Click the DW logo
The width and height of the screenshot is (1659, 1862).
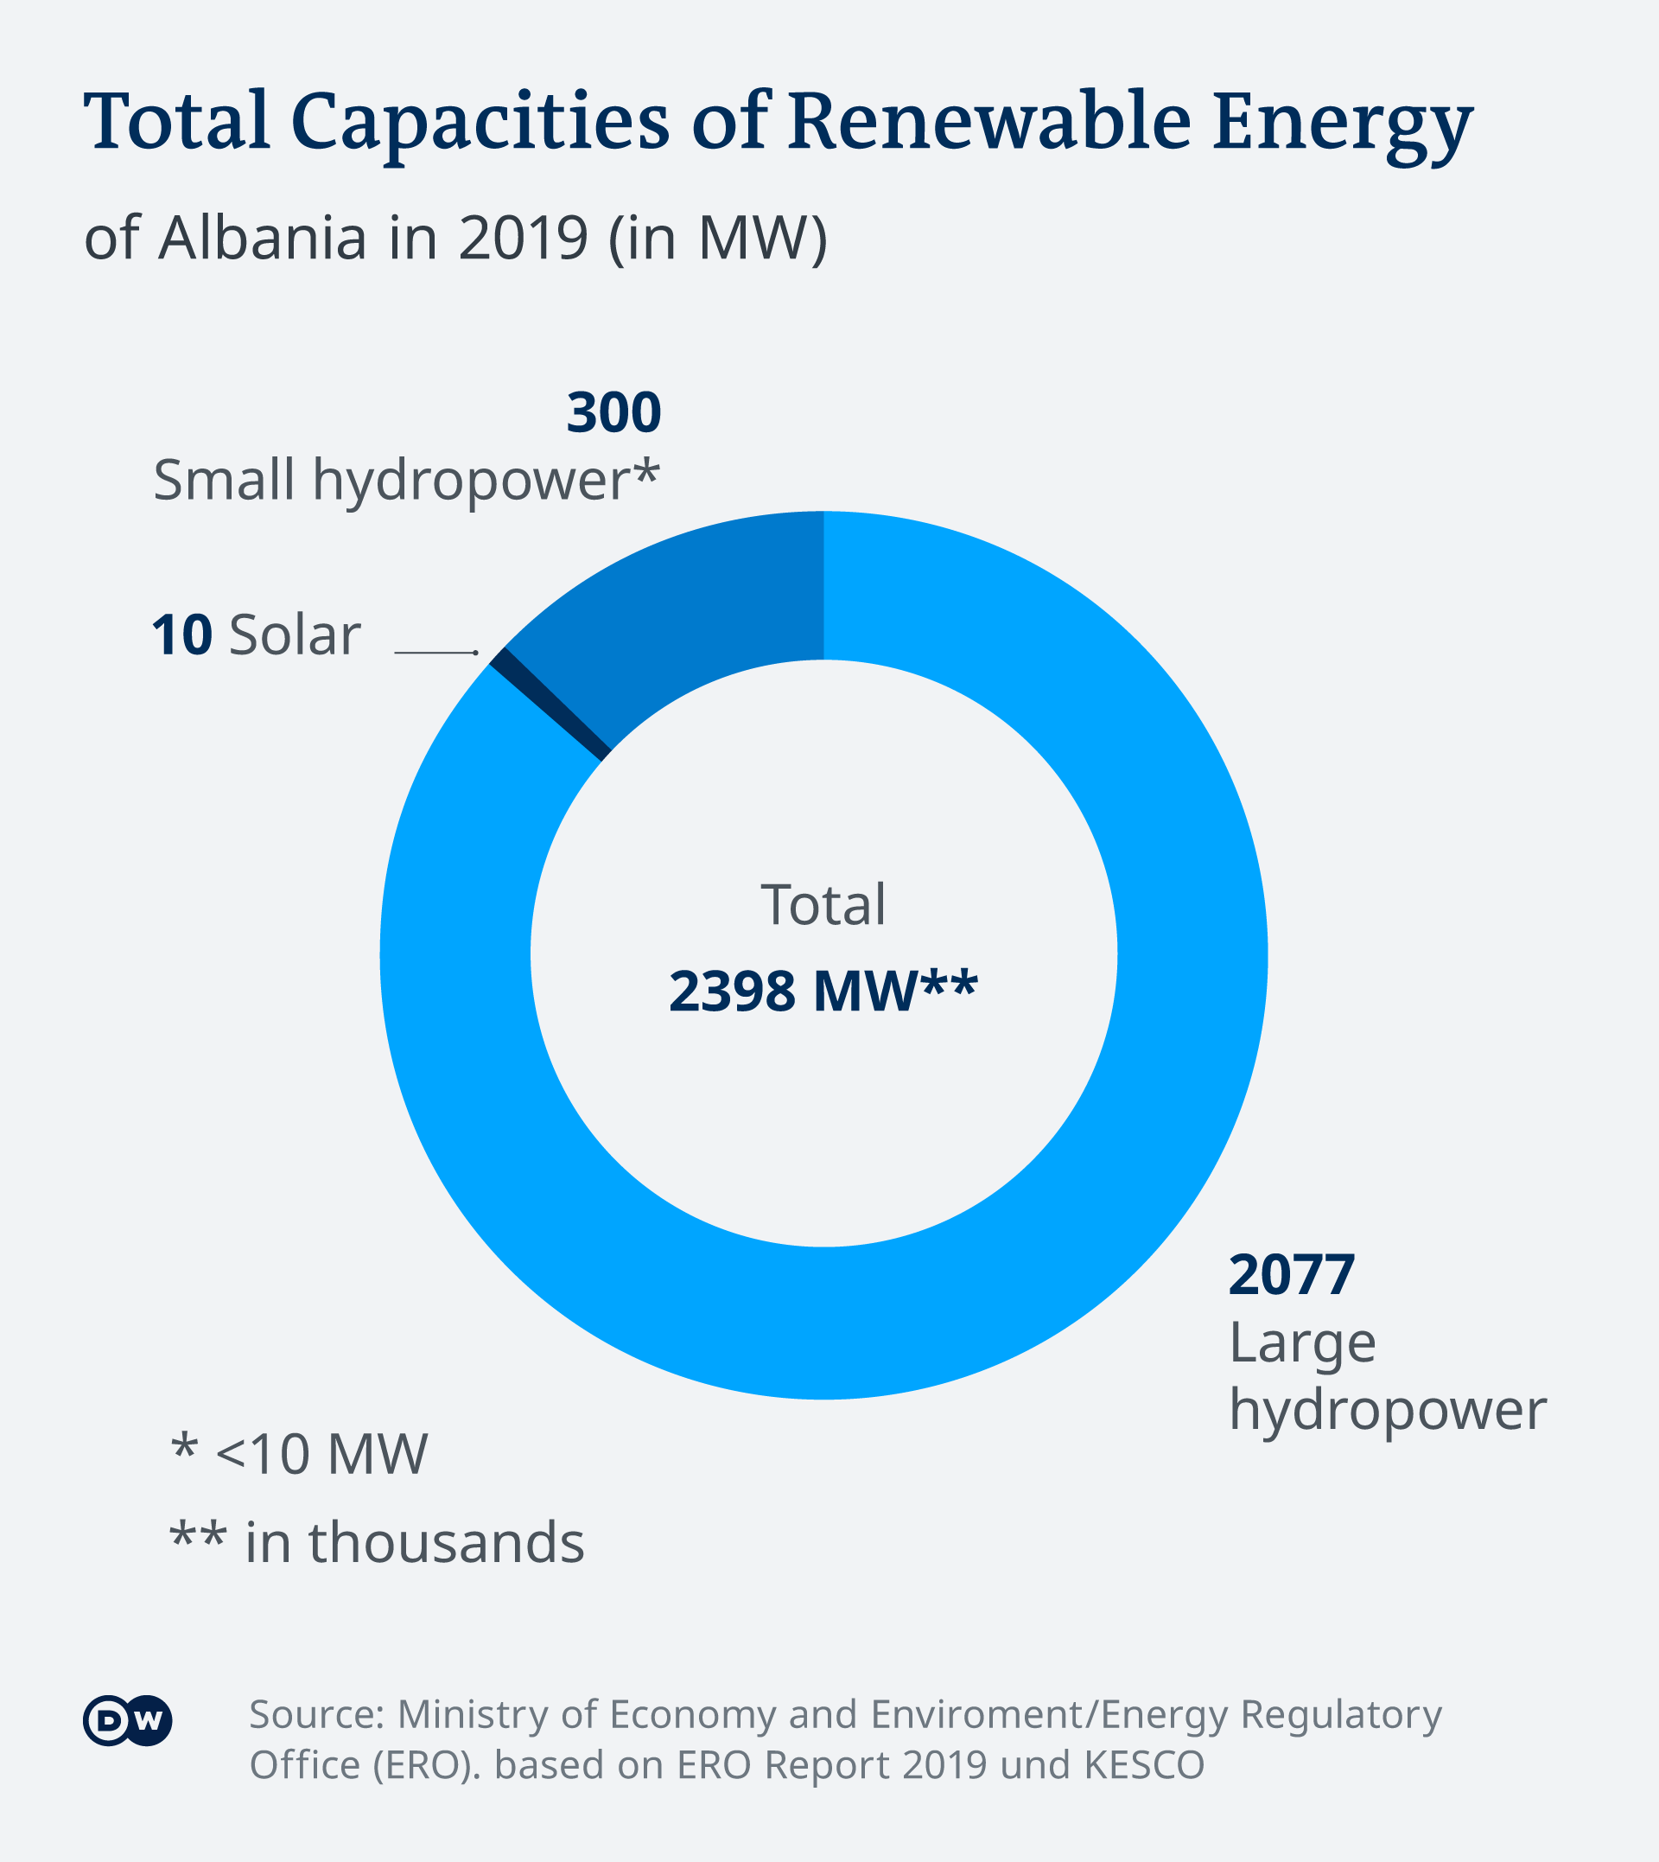127,1720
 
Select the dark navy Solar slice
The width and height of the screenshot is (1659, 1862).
550,703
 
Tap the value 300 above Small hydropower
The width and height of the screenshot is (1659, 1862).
613,412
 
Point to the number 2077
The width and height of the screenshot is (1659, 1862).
1291,1275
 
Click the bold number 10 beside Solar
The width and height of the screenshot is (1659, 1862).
181,634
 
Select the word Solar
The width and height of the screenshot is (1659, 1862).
295,634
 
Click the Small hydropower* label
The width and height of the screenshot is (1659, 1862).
405,480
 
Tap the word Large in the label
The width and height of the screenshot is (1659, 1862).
1301,1342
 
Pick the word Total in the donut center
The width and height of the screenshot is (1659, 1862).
823,904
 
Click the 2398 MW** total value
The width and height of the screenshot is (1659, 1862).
823,991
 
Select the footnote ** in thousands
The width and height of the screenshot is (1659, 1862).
377,1542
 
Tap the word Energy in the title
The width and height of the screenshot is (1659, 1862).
1342,123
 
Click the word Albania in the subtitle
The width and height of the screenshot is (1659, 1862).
263,237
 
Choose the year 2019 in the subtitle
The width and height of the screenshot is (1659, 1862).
524,237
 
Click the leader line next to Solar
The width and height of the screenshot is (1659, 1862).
435,653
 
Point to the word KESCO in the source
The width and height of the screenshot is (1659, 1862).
1144,1764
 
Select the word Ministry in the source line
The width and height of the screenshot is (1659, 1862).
474,1714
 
